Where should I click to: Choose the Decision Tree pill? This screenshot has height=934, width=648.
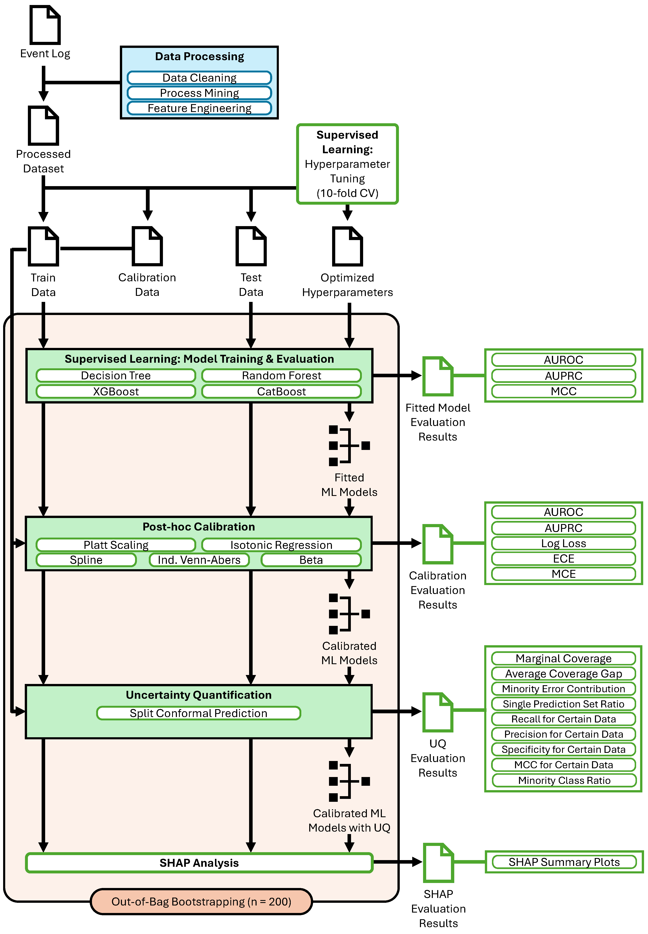tap(116, 375)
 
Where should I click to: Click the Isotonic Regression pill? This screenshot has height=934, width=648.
tap(281, 545)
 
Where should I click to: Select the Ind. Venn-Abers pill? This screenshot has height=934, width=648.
tap(199, 560)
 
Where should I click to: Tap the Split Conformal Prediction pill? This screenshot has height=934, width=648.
tap(199, 713)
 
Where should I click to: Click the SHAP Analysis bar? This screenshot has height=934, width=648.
tap(199, 863)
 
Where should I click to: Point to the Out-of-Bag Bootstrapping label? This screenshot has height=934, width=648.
tap(201, 902)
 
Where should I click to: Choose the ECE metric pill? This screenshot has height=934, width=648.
tap(564, 559)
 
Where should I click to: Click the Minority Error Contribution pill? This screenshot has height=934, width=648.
tap(564, 689)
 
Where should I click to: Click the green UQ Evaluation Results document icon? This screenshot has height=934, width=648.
tap(438, 712)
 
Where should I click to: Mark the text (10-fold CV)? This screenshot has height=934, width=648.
tap(348, 193)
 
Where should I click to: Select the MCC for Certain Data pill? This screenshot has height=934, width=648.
tap(564, 765)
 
